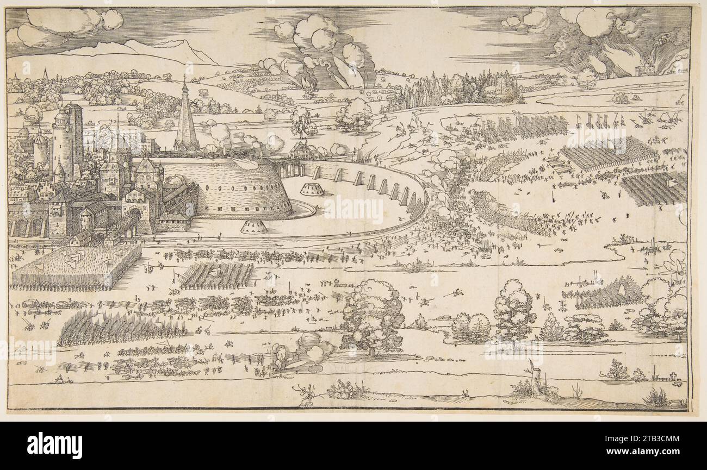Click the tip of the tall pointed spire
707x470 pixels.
point(185,78)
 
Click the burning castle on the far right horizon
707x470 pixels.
point(646,70)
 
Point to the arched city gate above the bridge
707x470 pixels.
point(134,213)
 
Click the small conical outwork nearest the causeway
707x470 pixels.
point(312,190)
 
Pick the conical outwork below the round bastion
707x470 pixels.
point(254,227)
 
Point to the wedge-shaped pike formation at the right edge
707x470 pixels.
point(604,294)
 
